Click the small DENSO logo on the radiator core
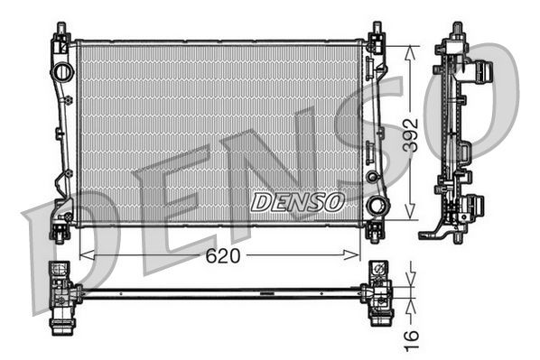(297, 200)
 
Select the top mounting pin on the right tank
(376, 32)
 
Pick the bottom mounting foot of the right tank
(375, 232)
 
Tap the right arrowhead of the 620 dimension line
(358, 256)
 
